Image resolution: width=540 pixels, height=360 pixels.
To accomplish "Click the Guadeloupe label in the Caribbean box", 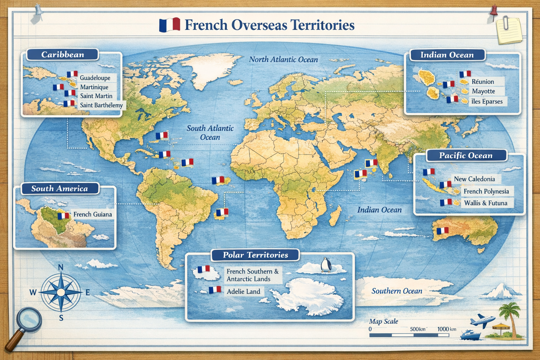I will pos(95,78).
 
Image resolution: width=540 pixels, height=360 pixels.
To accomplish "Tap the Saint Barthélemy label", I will pos(101,105).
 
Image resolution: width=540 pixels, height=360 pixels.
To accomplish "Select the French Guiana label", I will pos(92,214).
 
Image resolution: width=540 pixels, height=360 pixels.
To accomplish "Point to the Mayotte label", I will pos(483,91).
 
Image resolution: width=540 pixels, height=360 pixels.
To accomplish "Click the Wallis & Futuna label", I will pos(486,203).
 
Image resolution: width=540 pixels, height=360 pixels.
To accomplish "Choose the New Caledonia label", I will pos(474,179).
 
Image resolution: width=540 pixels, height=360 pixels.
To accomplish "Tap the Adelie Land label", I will pos(243,291).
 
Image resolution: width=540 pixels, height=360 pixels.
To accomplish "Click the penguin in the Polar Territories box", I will pos(326,265).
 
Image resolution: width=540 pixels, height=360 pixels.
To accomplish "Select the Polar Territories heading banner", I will pos(255,255).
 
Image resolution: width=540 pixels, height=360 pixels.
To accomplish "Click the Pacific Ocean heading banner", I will pos(465,155).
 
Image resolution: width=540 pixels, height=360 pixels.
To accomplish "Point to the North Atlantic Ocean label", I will pos(283,59).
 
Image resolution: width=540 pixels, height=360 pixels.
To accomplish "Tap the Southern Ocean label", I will pos(397,291).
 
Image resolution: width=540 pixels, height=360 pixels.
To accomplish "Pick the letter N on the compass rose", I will pos(60,268).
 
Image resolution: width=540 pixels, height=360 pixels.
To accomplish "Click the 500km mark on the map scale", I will pos(417,329).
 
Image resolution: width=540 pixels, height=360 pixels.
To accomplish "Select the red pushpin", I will pos(494,10).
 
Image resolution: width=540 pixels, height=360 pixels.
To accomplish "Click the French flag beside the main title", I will pos(169,25).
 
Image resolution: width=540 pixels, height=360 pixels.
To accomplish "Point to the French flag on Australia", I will pos(442,231).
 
